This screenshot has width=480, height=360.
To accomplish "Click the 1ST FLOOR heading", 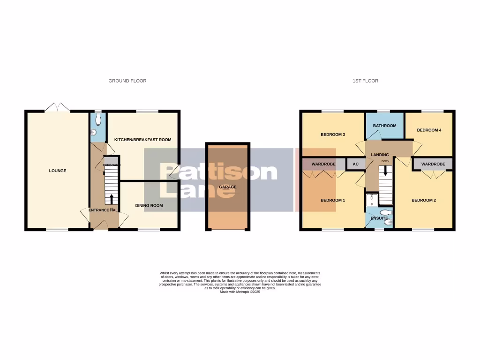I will point(365,81).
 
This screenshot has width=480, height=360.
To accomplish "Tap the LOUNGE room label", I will point(58,171).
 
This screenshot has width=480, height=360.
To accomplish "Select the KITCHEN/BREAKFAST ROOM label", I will point(142,140).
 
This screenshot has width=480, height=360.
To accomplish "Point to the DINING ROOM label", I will point(149,206).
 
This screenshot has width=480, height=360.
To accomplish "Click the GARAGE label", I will point(226,187).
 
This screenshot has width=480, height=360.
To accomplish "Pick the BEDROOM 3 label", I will point(333,135).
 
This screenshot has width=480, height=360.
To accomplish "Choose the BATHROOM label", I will point(384,126).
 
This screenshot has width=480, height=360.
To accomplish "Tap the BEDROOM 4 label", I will point(429,130).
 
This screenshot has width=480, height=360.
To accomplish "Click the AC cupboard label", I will point(355,165).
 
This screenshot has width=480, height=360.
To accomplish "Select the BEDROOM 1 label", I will point(333,200).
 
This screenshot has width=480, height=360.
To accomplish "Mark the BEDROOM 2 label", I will point(424,200).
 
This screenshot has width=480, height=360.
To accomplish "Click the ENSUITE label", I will point(379,218).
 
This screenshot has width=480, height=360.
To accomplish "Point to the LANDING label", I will point(380,155).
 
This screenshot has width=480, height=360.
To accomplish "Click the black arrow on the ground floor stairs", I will point(112,198).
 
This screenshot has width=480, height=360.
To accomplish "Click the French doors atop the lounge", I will point(58,107).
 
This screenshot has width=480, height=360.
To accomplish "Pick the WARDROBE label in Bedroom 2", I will point(433,165).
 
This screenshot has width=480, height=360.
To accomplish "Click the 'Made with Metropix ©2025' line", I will point(240,292).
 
